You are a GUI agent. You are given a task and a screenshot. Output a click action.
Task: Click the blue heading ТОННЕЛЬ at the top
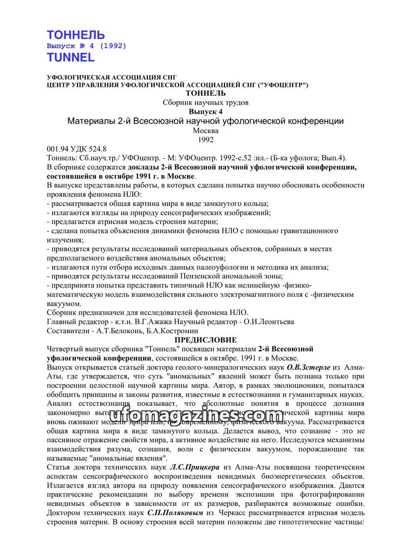tap(75, 35)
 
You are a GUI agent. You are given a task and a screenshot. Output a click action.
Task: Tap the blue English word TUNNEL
tap(70, 57)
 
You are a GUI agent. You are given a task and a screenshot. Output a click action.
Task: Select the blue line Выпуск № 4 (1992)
tap(86, 46)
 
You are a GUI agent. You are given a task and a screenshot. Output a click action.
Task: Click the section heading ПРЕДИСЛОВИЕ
tap(206, 340)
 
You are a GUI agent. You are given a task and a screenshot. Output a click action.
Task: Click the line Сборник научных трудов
tap(206, 103)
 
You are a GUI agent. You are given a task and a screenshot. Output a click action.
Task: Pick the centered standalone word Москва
tap(206, 131)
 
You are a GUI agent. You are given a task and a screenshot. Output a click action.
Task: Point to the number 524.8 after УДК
tap(97, 148)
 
